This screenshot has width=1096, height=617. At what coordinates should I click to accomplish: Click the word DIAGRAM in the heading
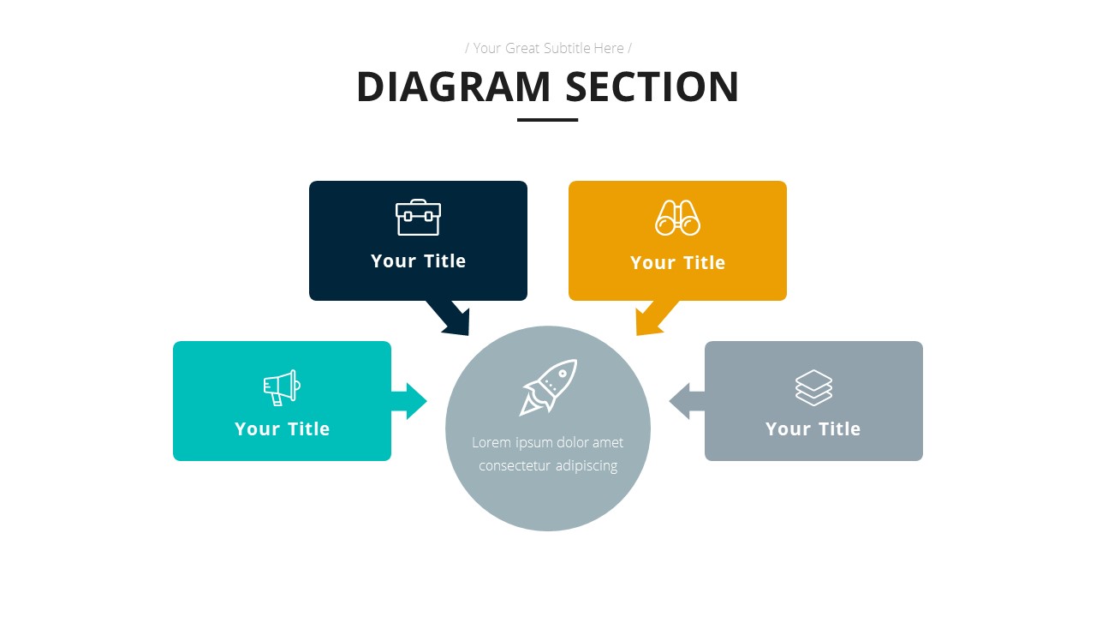tap(452, 87)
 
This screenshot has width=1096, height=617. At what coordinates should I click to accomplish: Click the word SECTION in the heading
tap(652, 87)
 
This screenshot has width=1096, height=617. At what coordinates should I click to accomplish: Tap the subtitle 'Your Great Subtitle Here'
tap(548, 48)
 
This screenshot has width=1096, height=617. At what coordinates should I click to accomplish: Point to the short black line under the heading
tap(547, 120)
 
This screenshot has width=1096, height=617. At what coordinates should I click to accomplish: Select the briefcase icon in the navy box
tap(418, 218)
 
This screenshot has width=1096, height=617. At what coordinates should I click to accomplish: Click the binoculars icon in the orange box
tap(677, 218)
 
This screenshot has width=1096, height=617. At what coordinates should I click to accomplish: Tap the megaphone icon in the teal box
tap(282, 387)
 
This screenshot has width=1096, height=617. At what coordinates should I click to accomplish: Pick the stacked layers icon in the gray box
tap(813, 387)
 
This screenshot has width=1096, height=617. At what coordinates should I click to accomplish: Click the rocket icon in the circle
tap(549, 387)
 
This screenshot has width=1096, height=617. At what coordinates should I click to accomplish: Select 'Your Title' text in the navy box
tap(418, 261)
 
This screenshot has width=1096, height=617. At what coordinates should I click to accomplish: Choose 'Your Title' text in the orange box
tap(677, 263)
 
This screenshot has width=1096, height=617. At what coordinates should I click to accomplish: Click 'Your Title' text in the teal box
tap(282, 429)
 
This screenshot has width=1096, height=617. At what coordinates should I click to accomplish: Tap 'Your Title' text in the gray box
tap(813, 429)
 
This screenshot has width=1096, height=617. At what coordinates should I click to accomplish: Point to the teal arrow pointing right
tap(410, 401)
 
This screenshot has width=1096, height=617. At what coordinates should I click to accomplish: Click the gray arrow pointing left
tap(686, 401)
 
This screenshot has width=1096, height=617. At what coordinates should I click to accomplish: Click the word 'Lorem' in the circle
tap(490, 443)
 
